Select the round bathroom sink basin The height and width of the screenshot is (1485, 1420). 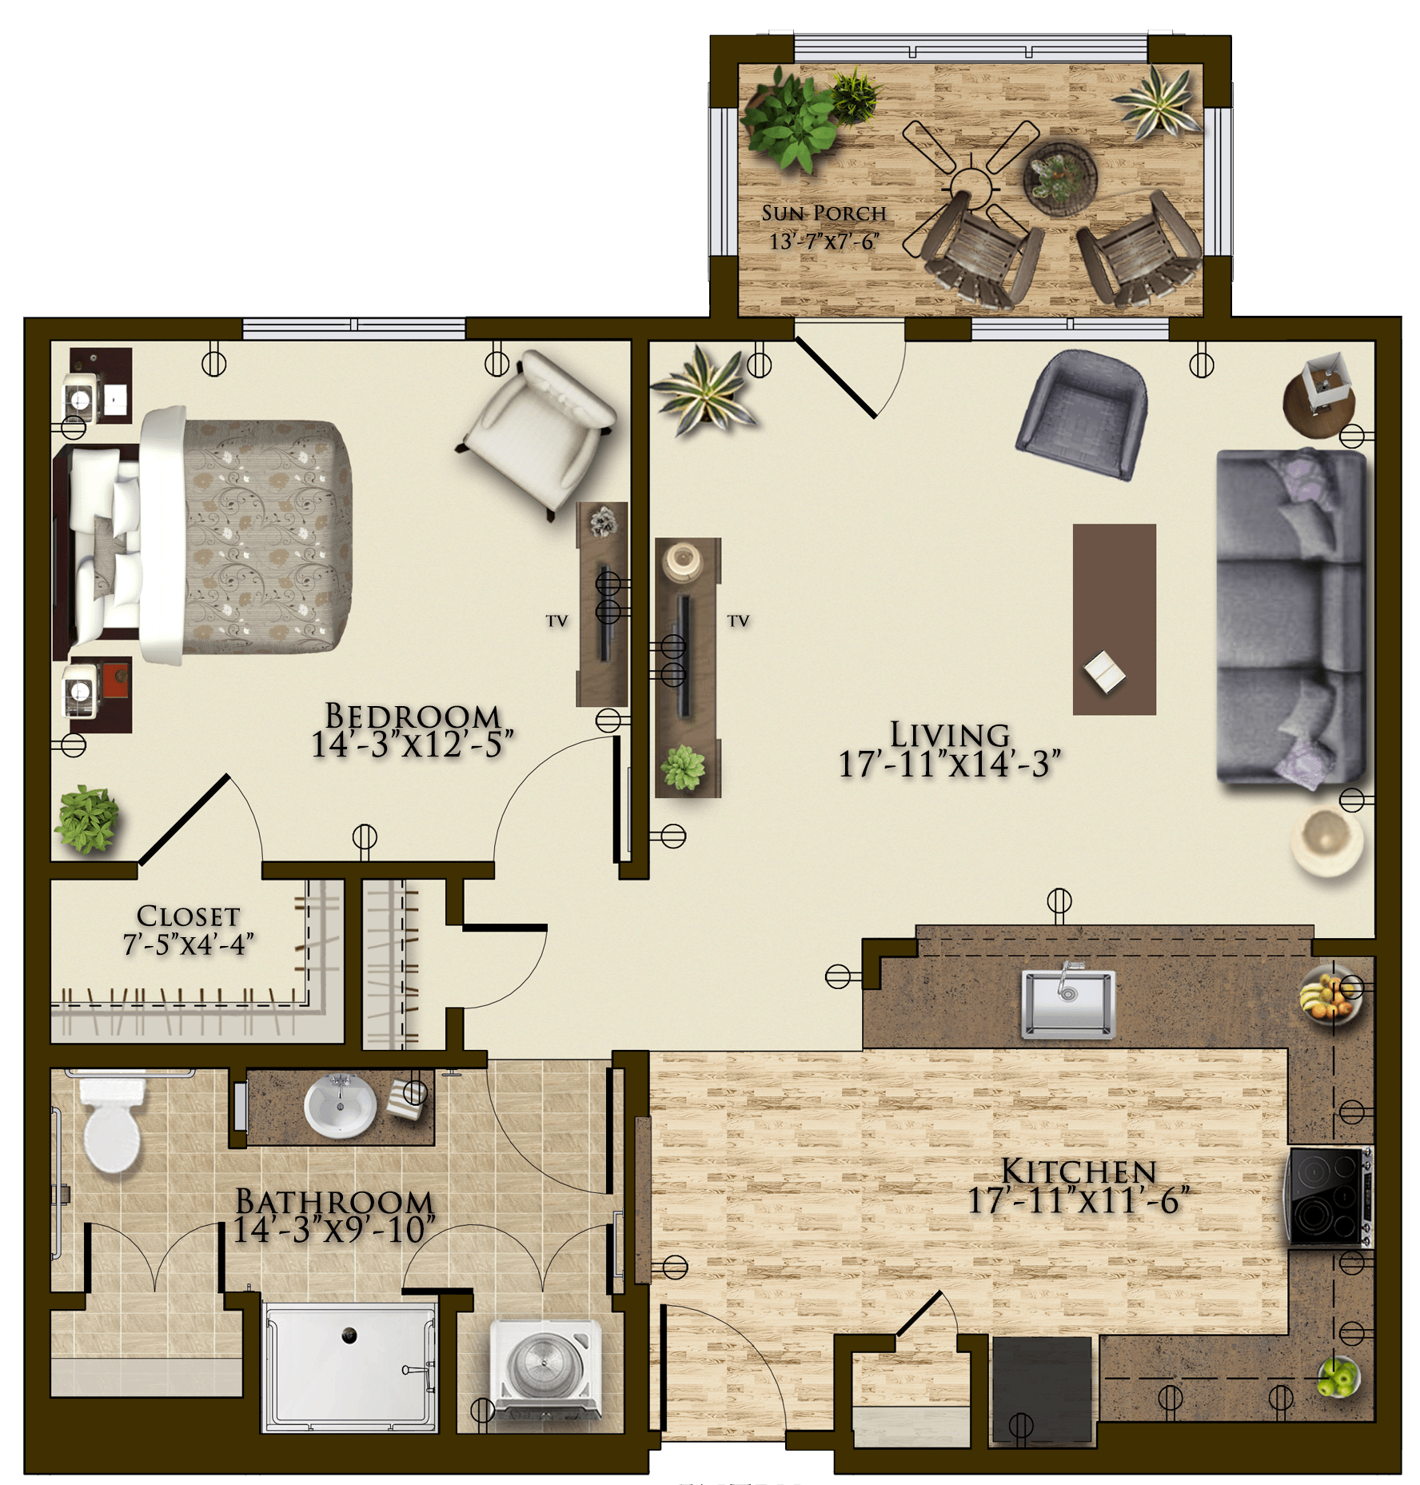(x=340, y=1106)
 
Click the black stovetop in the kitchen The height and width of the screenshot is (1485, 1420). (x=1326, y=1196)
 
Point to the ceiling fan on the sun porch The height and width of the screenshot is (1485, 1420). (x=970, y=189)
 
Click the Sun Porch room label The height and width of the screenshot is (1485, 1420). (x=824, y=214)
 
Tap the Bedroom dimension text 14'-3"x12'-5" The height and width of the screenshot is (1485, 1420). (x=411, y=744)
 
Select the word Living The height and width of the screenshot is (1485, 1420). (x=950, y=734)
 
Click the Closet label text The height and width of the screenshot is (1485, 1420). (x=188, y=916)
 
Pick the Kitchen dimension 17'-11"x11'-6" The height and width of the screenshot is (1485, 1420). (x=1079, y=1200)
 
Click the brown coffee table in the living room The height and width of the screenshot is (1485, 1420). (x=1114, y=619)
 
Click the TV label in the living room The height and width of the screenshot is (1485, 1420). (x=738, y=621)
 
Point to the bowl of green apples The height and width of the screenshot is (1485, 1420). (x=1337, y=1375)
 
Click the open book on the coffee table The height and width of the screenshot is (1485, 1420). (x=1104, y=671)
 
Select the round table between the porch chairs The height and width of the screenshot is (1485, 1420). (x=1060, y=179)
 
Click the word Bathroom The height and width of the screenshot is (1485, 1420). (x=334, y=1201)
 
